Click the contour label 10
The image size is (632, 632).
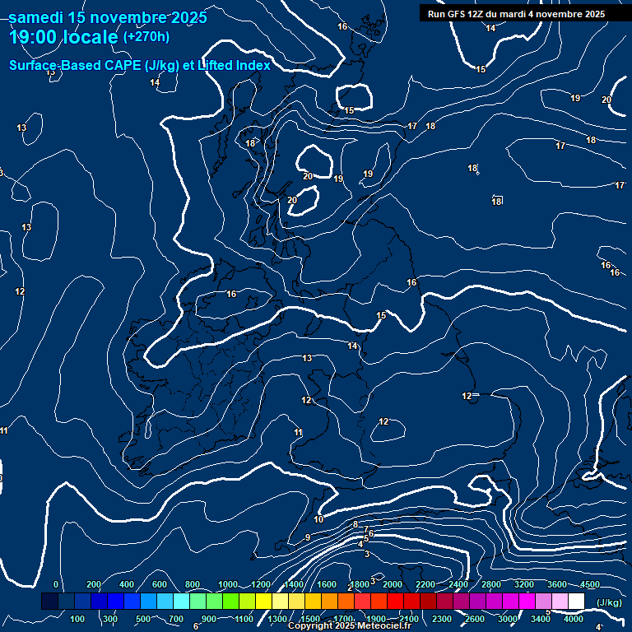[318, 519]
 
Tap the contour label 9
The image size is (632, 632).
[307, 537]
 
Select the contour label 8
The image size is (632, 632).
[355, 524]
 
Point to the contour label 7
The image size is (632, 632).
[365, 530]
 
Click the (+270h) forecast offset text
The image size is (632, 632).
[146, 36]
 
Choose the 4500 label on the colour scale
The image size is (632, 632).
[589, 584]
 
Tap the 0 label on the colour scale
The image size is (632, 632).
[56, 584]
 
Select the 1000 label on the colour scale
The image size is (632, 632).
[228, 584]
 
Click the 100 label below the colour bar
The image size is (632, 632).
[78, 619]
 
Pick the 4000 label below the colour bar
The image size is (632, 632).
[574, 619]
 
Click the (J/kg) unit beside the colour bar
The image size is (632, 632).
[609, 602]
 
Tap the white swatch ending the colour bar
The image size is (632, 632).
[576, 602]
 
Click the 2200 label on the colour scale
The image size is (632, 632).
[425, 584]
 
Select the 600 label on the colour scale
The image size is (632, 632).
[159, 584]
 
